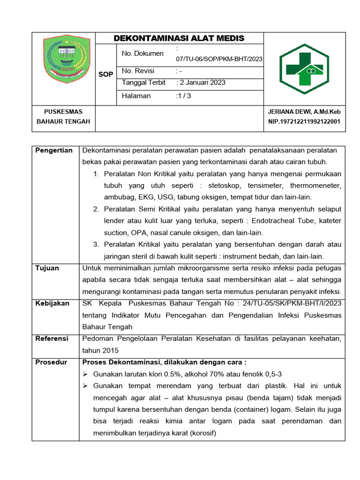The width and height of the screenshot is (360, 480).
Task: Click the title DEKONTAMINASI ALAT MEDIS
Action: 180,38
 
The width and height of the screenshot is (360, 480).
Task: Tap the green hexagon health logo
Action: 304,69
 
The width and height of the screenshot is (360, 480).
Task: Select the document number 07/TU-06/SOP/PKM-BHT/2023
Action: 219,59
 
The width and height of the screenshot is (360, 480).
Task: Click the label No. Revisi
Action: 138,71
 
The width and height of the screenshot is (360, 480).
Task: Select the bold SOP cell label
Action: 105,74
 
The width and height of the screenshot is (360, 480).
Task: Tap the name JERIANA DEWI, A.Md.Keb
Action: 304,112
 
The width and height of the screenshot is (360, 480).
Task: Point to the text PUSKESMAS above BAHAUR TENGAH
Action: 63,112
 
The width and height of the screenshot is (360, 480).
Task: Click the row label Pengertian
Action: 54,150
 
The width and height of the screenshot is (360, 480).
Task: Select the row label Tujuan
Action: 47,268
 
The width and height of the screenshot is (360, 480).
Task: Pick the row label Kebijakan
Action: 52,303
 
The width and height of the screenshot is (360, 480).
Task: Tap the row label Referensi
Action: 52,338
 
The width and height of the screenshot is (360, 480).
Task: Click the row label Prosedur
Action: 52,362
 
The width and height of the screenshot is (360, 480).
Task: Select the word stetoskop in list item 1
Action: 213,186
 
